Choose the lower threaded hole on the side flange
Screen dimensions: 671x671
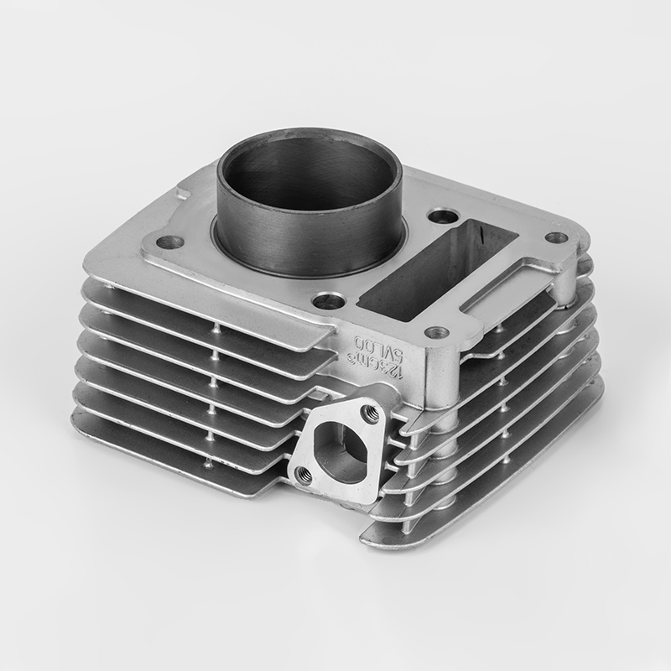(x=304, y=475)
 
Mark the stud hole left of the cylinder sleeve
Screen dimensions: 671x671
(x=170, y=242)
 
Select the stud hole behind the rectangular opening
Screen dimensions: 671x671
(x=443, y=216)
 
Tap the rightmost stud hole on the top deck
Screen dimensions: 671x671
(x=556, y=237)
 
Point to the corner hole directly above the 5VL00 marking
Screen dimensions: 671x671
(x=437, y=332)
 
